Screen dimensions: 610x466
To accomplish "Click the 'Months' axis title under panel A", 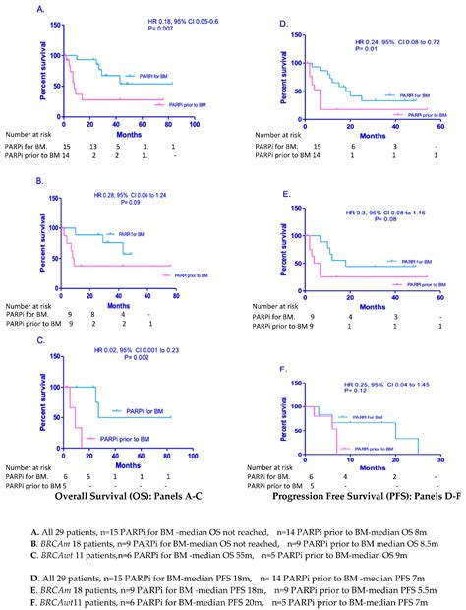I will point(127,133).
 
